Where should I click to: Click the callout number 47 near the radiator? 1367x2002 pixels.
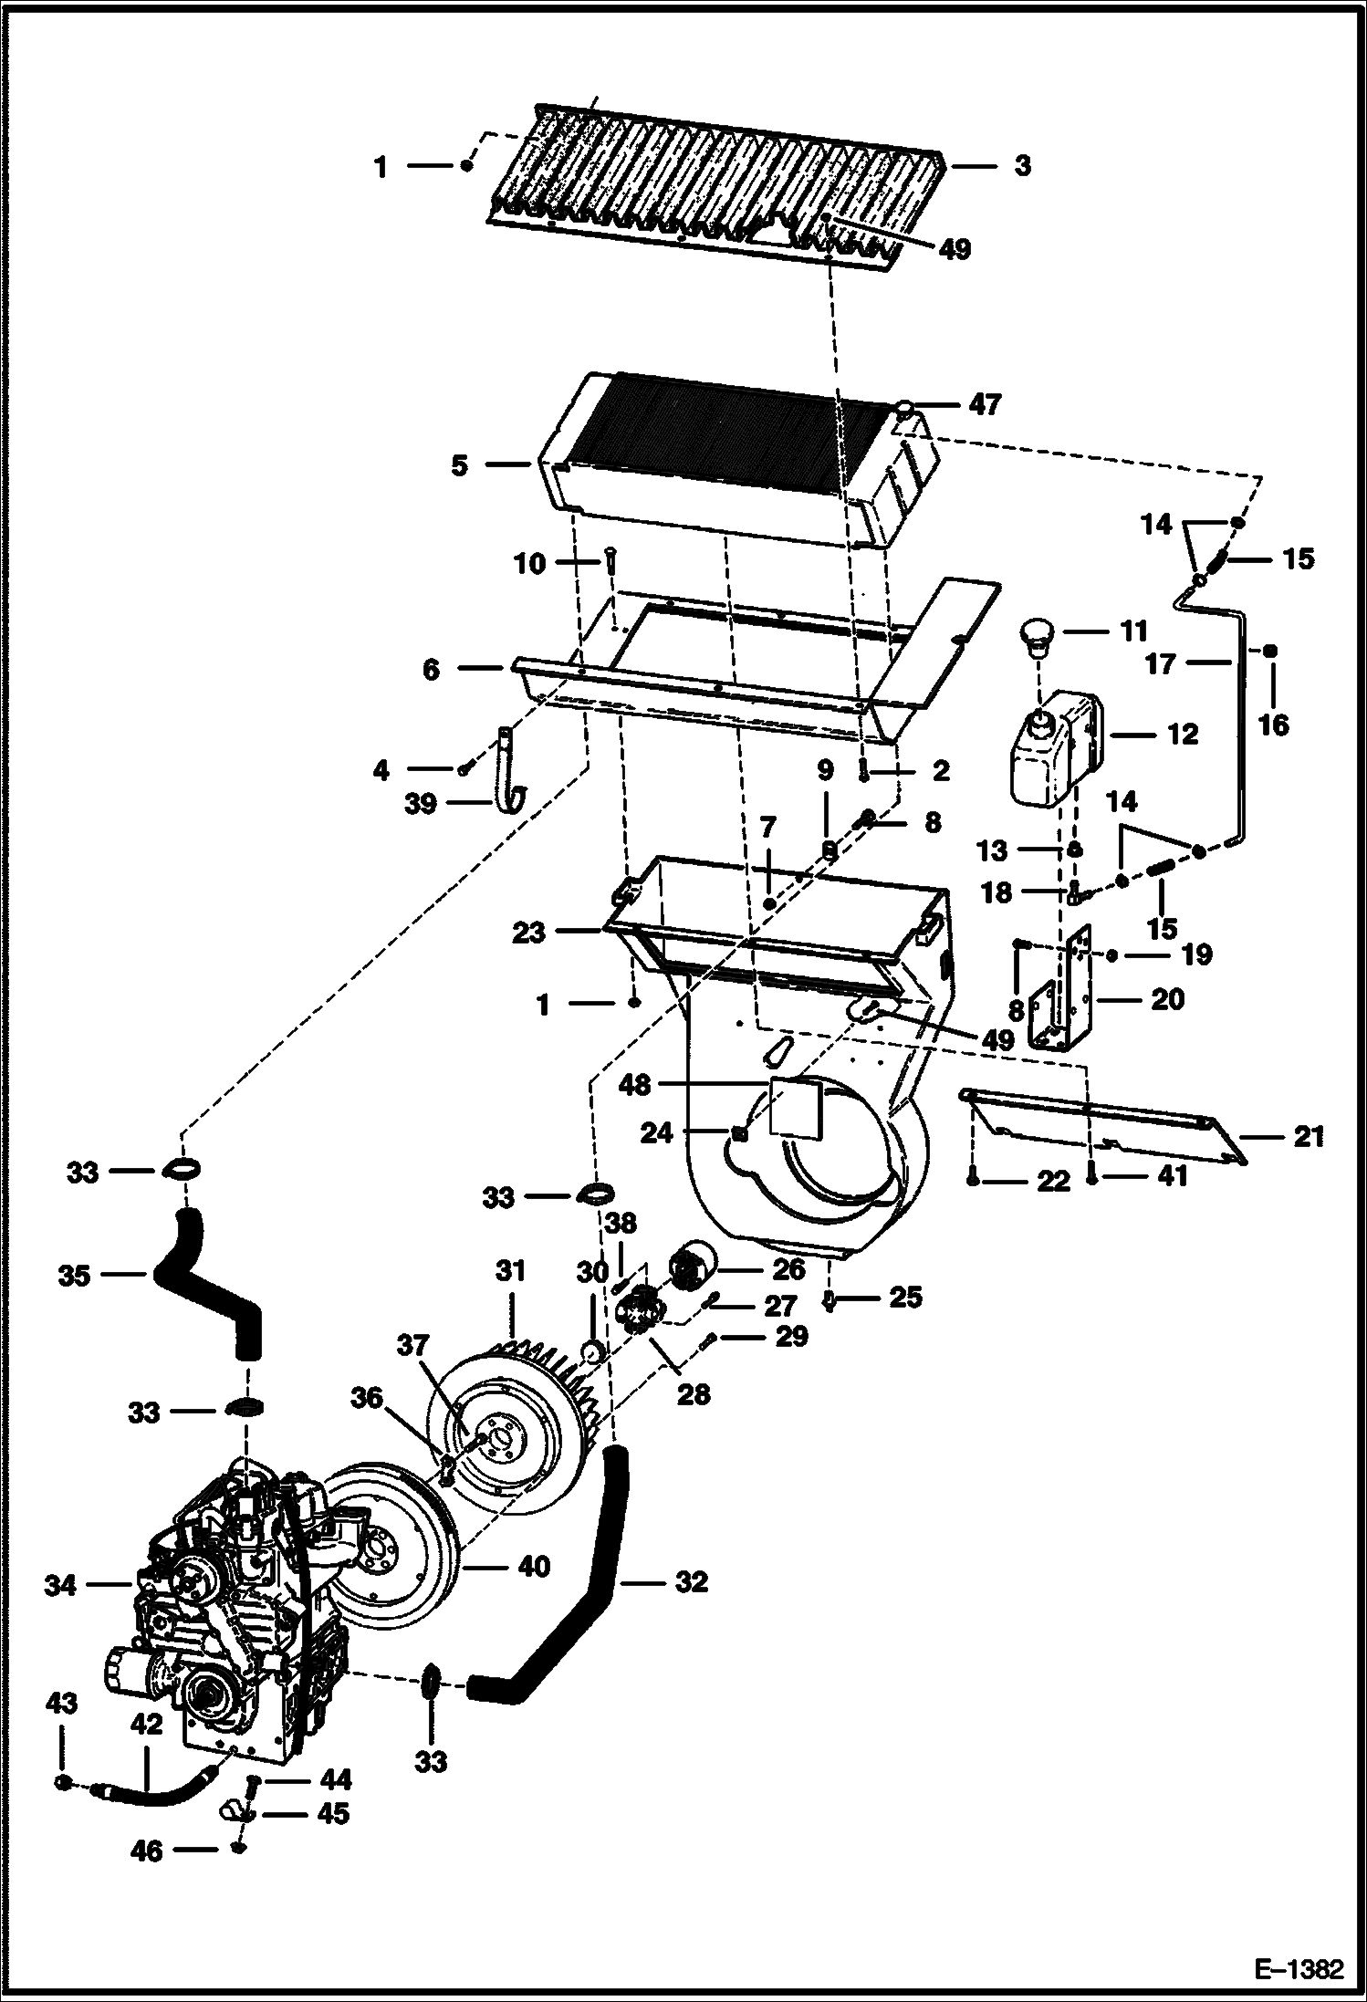984,404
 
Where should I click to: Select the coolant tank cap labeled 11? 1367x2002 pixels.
1037,636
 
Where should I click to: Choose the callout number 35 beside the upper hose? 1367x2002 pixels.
74,1276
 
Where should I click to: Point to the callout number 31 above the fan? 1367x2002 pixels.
511,1270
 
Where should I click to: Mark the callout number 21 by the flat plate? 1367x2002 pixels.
1308,1137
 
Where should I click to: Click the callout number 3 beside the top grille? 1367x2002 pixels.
1022,166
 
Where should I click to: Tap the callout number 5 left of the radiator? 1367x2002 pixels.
459,465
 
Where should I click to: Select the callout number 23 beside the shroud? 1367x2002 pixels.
528,933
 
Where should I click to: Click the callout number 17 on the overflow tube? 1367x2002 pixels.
1161,663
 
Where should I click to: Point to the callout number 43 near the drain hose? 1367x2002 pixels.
61,1703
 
